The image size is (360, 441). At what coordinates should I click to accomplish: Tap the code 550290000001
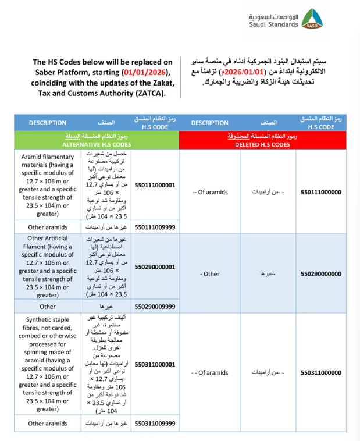(x=154, y=266)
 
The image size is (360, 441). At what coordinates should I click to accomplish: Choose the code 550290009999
(x=154, y=306)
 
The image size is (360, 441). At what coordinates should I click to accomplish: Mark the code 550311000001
(x=154, y=364)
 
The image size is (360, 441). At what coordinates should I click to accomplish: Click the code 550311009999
(x=154, y=424)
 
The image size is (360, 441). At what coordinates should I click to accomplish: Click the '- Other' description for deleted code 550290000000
(x=209, y=273)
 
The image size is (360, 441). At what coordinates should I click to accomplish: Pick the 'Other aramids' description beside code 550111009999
(x=48, y=227)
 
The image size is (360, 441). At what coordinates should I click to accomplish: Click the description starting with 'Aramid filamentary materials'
(x=48, y=184)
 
